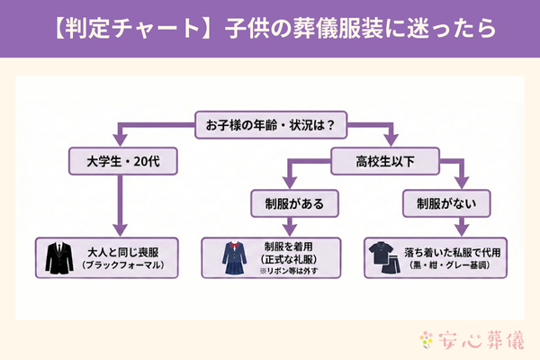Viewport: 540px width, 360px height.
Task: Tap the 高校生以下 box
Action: click(x=385, y=163)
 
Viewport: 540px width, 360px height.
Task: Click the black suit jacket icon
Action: click(x=60, y=258)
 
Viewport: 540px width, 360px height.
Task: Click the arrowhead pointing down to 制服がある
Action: click(x=287, y=185)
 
